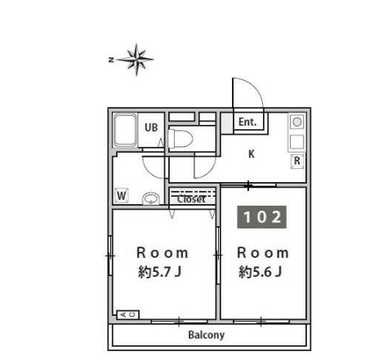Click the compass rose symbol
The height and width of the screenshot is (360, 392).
pyautogui.click(x=136, y=60)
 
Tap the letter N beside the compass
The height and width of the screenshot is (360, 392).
pyautogui.click(x=111, y=60)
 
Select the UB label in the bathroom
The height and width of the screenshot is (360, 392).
pyautogui.click(x=151, y=127)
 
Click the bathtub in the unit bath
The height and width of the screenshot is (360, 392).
pyautogui.click(x=125, y=130)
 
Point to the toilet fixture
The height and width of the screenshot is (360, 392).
pyautogui.click(x=180, y=139)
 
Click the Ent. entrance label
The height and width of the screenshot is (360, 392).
pyautogui.click(x=247, y=122)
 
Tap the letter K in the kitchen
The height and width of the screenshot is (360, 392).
pyautogui.click(x=252, y=154)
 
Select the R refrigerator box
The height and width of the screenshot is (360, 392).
pyautogui.click(x=297, y=162)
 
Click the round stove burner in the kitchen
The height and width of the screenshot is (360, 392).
pyautogui.click(x=297, y=122)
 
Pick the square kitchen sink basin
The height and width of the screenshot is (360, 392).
pyautogui.click(x=296, y=142)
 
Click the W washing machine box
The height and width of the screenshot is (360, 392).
pyautogui.click(x=122, y=195)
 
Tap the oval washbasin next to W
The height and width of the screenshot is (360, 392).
pyautogui.click(x=151, y=198)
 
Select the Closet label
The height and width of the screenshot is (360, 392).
pyautogui.click(x=192, y=199)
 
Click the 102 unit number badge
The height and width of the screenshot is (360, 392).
pyautogui.click(x=262, y=217)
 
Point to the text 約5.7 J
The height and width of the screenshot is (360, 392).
pyautogui.click(x=160, y=272)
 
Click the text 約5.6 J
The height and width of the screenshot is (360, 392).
pyautogui.click(x=261, y=272)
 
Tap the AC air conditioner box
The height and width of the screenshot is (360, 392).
pyautogui.click(x=128, y=314)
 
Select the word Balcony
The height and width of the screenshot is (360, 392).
pyautogui.click(x=207, y=335)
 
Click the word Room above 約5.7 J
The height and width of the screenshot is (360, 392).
pyautogui.click(x=163, y=253)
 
